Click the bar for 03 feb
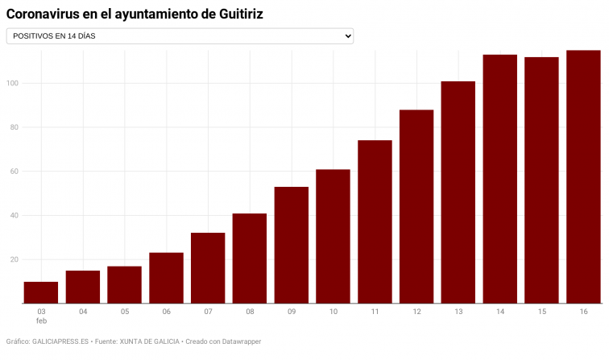click(41, 292)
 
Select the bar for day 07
click(208, 268)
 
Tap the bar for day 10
click(333, 236)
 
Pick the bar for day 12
click(416, 206)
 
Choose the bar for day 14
click(499, 179)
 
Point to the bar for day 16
click(583, 176)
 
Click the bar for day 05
click(125, 284)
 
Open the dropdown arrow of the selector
click(348, 36)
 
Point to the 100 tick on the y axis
click(13, 83)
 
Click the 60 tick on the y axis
click(14, 172)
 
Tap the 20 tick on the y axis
click(14, 259)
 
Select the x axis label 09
click(292, 311)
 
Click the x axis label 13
click(458, 311)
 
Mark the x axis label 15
click(541, 311)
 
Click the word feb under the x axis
click(41, 321)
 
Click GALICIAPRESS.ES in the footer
click(60, 341)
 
